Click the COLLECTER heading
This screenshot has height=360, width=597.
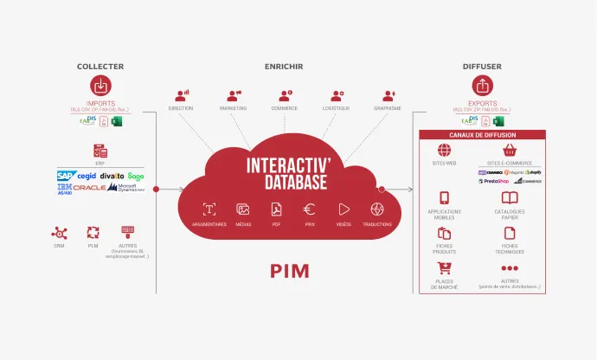pos(100,67)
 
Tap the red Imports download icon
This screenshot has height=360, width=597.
pos(100,87)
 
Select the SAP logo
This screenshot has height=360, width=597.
pos(67,176)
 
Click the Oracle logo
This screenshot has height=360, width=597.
pos(89,188)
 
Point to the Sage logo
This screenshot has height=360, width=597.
pos(136,177)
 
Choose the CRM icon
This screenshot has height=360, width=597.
pos(59,232)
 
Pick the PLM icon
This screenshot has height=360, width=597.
pos(93,232)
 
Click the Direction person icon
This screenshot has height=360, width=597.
pos(181,94)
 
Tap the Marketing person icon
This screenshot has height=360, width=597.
pos(234,94)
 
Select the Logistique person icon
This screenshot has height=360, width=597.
pos(336,94)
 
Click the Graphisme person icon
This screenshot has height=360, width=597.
pos(388,94)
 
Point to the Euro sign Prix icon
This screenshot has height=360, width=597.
pos(309,209)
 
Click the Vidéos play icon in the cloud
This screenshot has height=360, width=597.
pos(343,209)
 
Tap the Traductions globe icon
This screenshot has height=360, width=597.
pos(377,209)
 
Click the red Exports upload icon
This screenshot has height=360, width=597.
pos(482,87)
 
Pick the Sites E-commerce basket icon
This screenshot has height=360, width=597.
pos(510,150)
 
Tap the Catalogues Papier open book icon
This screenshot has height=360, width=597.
pos(510,198)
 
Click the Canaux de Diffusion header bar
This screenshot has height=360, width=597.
pos(482,134)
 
